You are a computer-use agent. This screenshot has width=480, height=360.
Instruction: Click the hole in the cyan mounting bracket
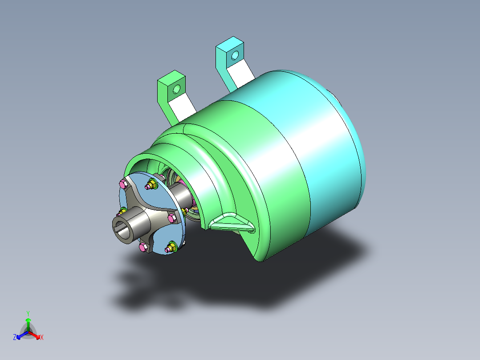(x=235, y=55)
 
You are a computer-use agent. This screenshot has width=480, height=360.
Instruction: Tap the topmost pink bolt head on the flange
(x=123, y=183)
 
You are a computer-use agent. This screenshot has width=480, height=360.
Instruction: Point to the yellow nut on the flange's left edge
(x=123, y=211)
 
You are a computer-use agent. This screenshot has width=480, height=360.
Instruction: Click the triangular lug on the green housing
(x=232, y=222)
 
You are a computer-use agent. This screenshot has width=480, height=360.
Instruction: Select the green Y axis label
(x=28, y=313)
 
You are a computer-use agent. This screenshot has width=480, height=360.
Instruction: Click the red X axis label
(x=41, y=338)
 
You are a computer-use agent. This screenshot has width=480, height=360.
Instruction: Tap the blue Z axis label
(x=15, y=338)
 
